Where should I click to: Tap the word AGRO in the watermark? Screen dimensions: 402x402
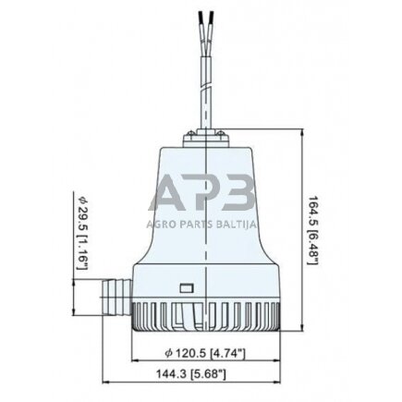point(160,225)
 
